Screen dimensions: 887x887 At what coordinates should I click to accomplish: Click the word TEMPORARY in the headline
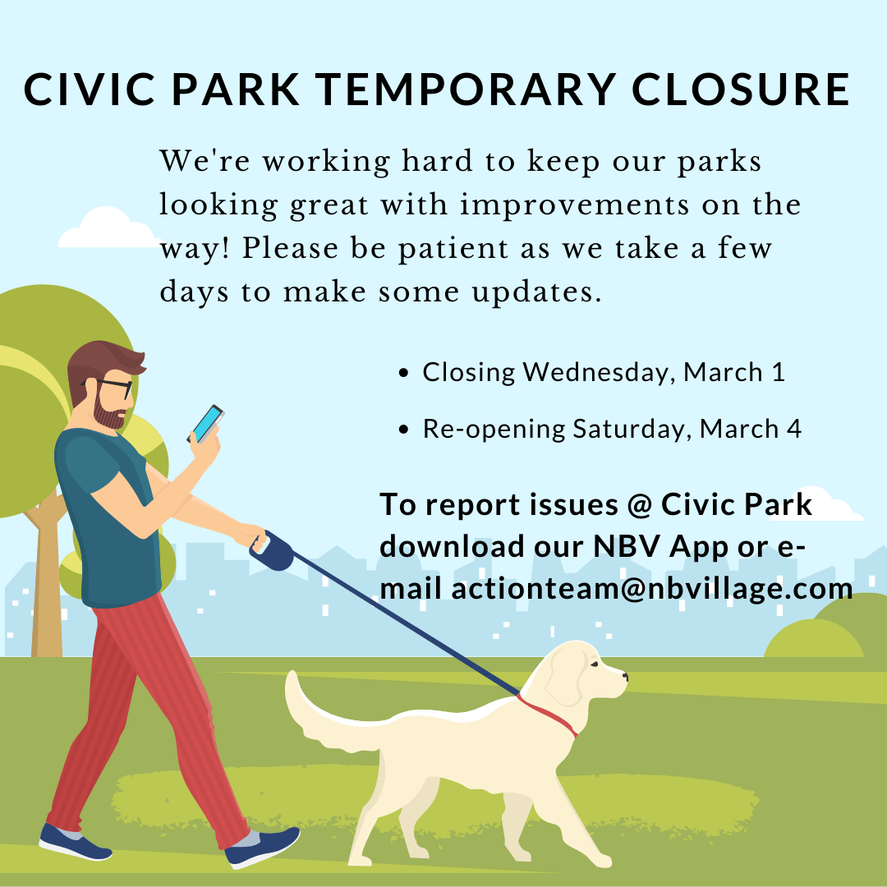464,90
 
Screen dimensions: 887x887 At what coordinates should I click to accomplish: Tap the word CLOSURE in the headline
741,90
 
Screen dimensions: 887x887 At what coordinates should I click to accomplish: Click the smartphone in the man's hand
206,424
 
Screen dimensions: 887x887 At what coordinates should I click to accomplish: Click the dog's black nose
624,675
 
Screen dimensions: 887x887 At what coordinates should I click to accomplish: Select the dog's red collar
548,715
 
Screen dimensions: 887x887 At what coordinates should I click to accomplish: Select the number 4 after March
794,429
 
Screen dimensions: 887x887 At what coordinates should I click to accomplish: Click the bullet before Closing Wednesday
403,373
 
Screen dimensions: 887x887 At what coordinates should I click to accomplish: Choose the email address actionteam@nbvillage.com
652,589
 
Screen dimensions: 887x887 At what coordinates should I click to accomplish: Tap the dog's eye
594,664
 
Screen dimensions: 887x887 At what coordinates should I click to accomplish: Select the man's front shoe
263,847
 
